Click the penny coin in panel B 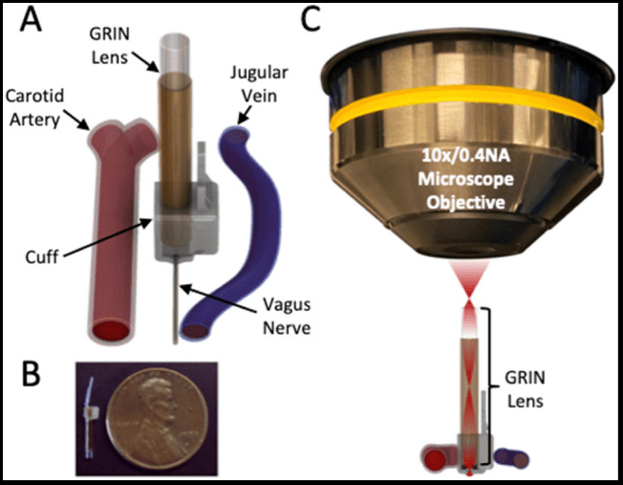(x=152, y=419)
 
